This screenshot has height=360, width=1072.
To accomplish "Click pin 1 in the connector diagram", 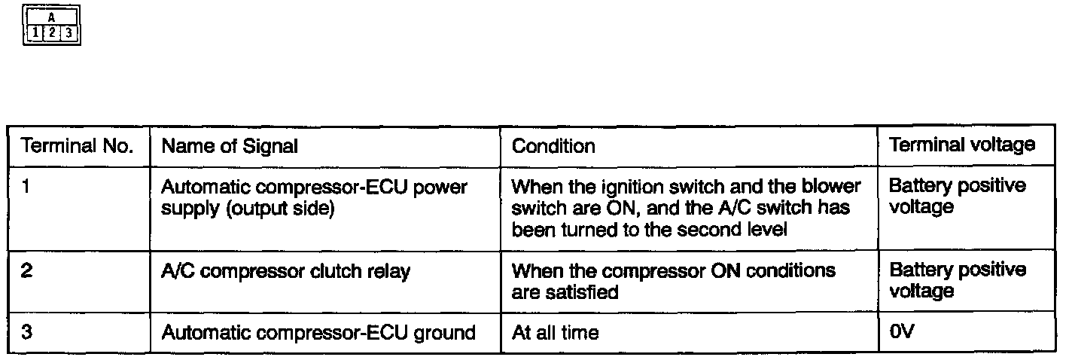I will (x=36, y=33).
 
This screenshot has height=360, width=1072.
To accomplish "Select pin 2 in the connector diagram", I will (x=51, y=33).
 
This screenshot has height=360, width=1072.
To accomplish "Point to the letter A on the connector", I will (x=51, y=16).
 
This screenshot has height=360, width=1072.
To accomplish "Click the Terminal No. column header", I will (x=78, y=146).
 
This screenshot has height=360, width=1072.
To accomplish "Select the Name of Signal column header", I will (x=230, y=146).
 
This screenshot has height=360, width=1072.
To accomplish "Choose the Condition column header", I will (x=553, y=146).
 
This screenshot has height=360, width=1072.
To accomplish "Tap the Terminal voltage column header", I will (x=961, y=145).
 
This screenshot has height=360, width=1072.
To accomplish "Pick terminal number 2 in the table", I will (x=26, y=270).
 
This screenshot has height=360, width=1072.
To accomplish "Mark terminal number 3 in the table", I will (x=26, y=332).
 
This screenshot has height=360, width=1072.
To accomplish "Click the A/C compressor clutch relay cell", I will (x=286, y=271).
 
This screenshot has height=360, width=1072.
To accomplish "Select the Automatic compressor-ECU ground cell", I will (x=318, y=332).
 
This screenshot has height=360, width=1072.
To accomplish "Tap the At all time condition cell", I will (x=555, y=332).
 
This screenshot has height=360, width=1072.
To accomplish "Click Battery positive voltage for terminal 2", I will (x=957, y=279).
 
